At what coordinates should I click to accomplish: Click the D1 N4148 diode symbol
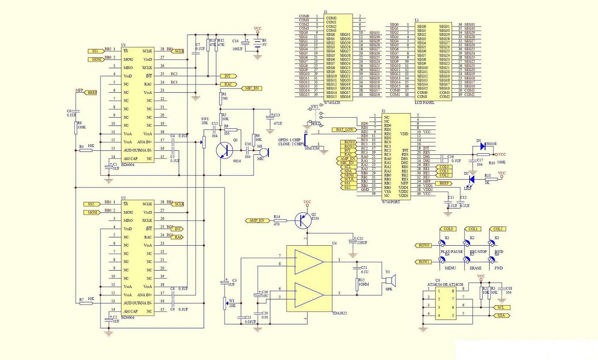point(483,146)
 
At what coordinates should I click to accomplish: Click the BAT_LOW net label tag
point(344,129)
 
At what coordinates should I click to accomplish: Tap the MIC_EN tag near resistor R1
point(252,88)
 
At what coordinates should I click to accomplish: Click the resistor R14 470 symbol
point(281,221)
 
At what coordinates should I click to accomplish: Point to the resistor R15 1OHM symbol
point(356,284)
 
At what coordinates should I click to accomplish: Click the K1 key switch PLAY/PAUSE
point(443,243)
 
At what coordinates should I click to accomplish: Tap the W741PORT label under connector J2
point(391,202)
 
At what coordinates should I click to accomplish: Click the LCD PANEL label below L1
point(424,103)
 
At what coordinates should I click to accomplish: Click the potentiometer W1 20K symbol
point(225,303)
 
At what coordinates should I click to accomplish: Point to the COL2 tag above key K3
point(498,229)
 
